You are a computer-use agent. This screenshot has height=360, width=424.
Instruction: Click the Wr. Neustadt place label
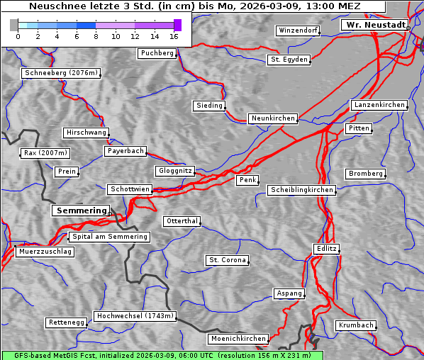(x=374, y=25)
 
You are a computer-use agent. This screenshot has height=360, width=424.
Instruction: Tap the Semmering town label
(x=81, y=210)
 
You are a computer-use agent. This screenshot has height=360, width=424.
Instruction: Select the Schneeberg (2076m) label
(x=60, y=73)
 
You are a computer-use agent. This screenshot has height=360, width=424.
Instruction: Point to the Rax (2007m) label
(x=45, y=153)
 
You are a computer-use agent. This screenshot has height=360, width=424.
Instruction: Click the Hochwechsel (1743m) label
(x=135, y=316)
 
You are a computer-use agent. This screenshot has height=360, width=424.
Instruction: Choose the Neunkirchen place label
(x=273, y=118)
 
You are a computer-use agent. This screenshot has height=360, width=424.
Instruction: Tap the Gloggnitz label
(x=174, y=171)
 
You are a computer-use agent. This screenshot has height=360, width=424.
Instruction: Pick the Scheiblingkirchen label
(x=301, y=190)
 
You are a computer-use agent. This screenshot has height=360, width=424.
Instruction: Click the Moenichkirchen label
(x=238, y=339)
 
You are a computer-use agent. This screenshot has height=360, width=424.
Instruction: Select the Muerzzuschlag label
(x=45, y=252)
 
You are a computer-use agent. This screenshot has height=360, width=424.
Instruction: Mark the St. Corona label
(x=228, y=260)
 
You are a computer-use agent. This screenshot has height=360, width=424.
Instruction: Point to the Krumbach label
(x=355, y=325)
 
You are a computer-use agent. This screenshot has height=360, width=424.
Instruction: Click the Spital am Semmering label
(x=109, y=237)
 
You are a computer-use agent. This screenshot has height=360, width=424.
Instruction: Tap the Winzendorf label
(x=298, y=31)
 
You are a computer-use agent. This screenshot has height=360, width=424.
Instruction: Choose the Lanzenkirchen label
(x=379, y=105)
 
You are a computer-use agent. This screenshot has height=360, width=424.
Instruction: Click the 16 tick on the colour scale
(x=174, y=36)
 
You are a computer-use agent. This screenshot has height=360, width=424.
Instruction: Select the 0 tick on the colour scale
(x=18, y=36)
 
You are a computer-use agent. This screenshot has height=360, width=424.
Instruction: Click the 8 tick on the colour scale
(x=96, y=36)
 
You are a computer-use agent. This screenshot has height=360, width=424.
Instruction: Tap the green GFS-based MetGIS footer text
(x=162, y=355)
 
